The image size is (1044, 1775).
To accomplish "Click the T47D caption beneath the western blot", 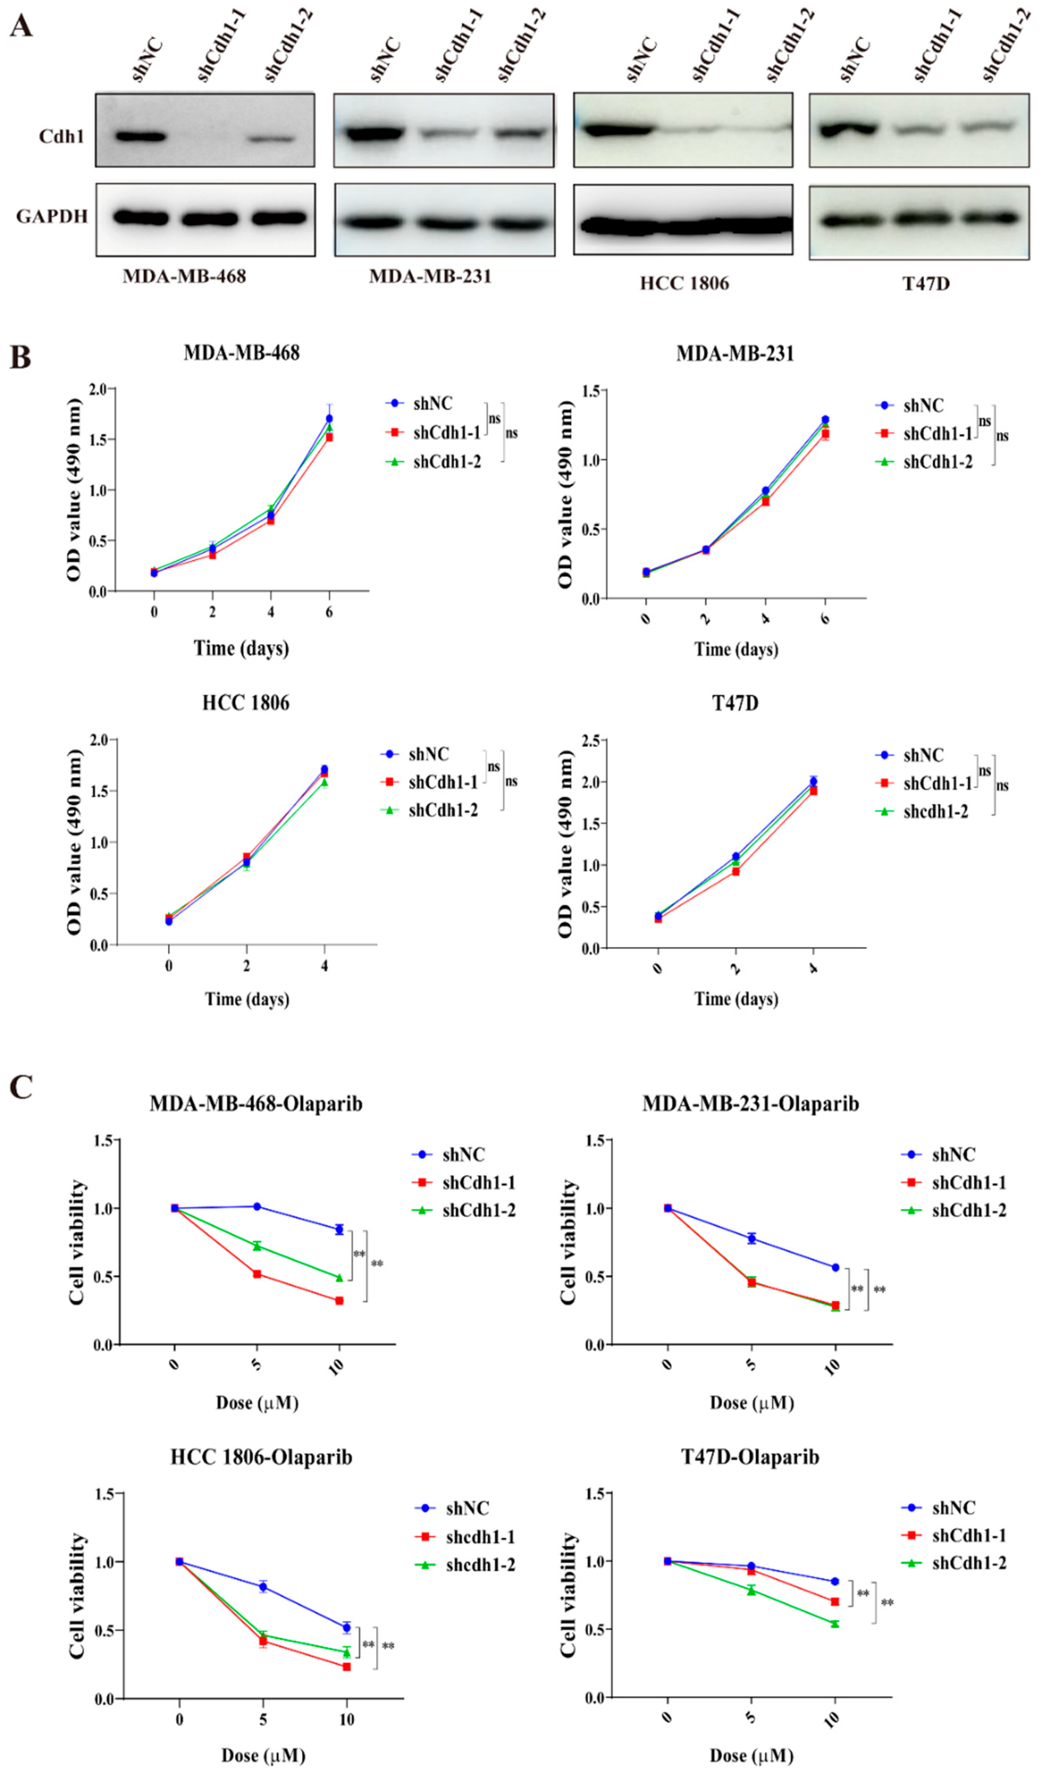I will pos(926,283).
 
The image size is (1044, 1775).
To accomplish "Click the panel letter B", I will pos(21,357).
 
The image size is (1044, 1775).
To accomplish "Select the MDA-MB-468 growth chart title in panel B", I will pos(242,352).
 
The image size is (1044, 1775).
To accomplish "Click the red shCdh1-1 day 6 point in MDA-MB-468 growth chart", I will pos(329,437).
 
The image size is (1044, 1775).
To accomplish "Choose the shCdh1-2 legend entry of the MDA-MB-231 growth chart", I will pos(937,462).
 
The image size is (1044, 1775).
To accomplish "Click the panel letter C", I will pos(21,1087).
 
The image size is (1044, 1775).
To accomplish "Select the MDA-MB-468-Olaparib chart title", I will pos(256,1103).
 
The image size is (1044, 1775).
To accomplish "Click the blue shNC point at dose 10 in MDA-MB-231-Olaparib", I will pos(836,1267).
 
